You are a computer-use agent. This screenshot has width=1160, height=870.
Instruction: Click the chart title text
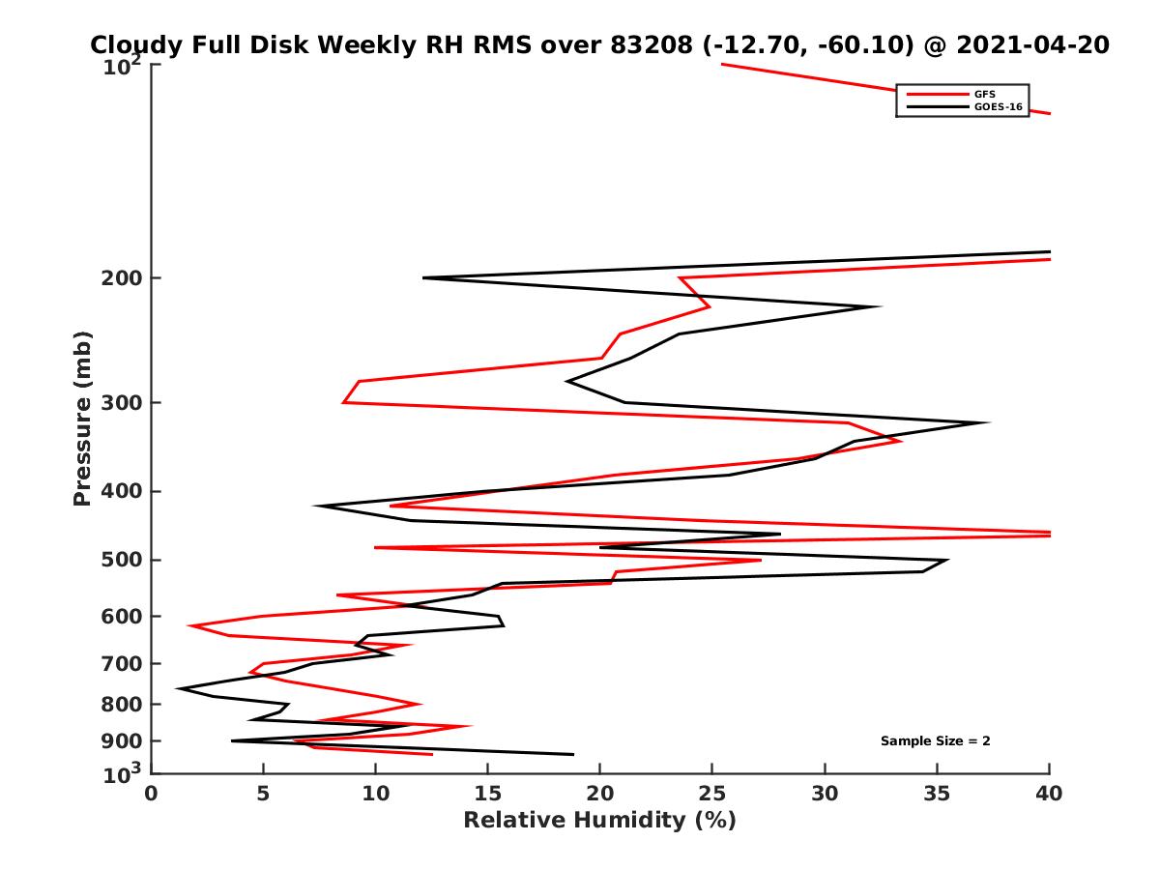[599, 44]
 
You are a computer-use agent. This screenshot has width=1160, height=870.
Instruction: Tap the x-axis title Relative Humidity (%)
[599, 821]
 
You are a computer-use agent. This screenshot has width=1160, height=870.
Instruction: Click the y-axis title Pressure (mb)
[82, 418]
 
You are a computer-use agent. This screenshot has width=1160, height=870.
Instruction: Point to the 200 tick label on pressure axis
[123, 278]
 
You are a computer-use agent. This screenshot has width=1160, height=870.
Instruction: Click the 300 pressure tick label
[123, 402]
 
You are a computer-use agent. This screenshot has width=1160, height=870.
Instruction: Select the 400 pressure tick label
[123, 491]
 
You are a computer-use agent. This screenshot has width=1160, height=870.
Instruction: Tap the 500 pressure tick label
[123, 560]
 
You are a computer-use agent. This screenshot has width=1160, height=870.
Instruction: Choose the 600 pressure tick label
[123, 616]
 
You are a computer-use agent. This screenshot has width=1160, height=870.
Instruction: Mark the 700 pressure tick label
[123, 663]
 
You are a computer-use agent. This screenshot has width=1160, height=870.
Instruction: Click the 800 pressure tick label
[123, 704]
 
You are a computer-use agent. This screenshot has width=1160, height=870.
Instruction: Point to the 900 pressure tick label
[123, 740]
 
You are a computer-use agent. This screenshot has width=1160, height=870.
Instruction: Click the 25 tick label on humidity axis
[712, 794]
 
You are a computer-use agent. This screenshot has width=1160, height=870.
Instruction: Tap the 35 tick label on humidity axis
[937, 794]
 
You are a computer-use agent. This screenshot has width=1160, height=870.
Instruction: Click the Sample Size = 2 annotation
[935, 741]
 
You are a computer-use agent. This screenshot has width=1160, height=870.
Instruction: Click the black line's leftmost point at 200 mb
[423, 278]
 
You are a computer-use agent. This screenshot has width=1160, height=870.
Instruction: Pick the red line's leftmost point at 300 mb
[343, 402]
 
